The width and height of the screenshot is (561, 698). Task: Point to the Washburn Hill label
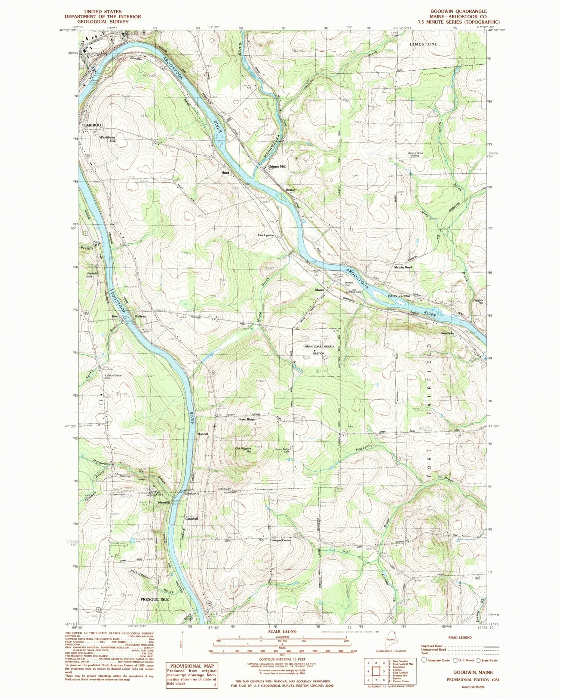(x=107, y=139)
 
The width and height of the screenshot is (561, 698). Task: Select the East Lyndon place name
(x=266, y=235)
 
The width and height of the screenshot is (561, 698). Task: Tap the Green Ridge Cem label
(x=283, y=451)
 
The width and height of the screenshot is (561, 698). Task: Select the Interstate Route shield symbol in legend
(x=424, y=660)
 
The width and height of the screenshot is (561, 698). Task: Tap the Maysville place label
(x=164, y=502)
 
